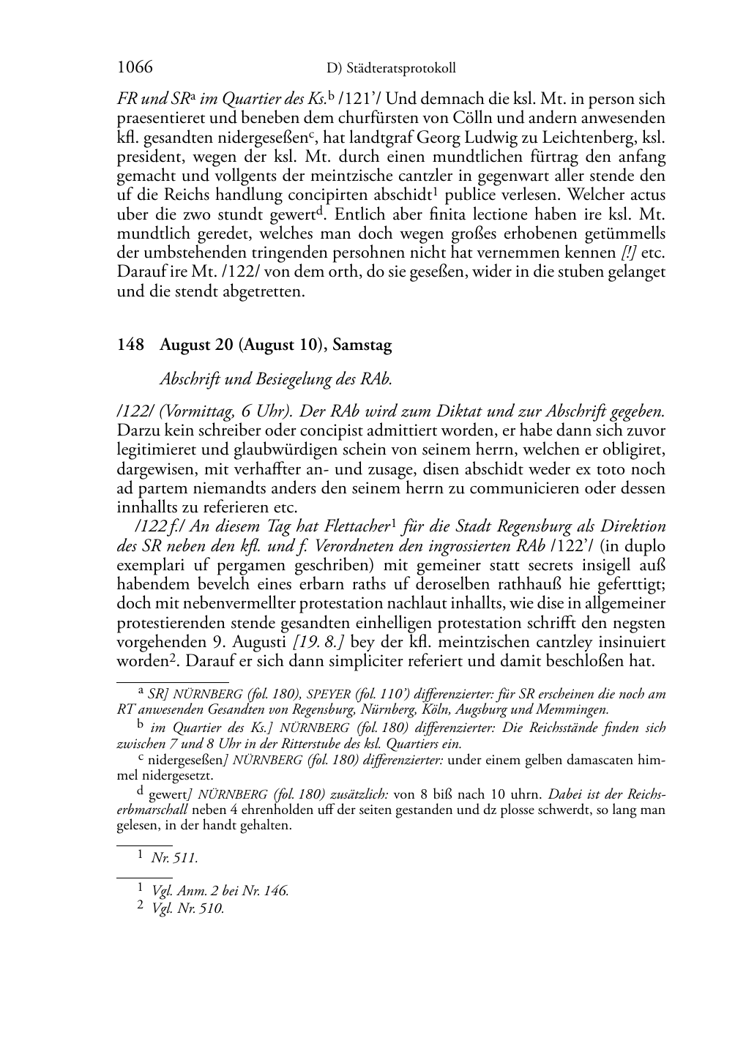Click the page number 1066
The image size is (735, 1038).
click(135, 67)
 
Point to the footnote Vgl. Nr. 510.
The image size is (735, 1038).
click(187, 908)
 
